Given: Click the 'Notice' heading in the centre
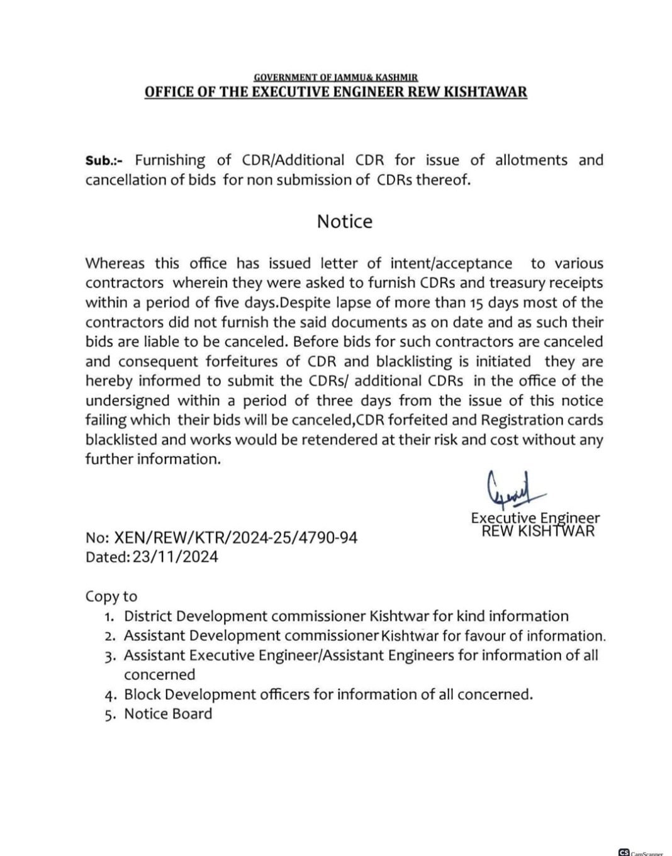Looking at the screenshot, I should tap(344, 221).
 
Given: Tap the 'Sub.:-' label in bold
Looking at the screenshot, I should tap(106, 160).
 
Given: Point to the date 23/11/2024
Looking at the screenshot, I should tap(176, 557).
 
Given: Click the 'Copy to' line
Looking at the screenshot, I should tap(111, 596).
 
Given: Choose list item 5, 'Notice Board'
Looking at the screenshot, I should tap(168, 714).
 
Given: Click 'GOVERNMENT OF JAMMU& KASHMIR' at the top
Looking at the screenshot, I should tap(335, 77).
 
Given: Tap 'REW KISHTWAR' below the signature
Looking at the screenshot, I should tap(538, 531).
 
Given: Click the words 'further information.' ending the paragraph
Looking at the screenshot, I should tap(154, 459).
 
